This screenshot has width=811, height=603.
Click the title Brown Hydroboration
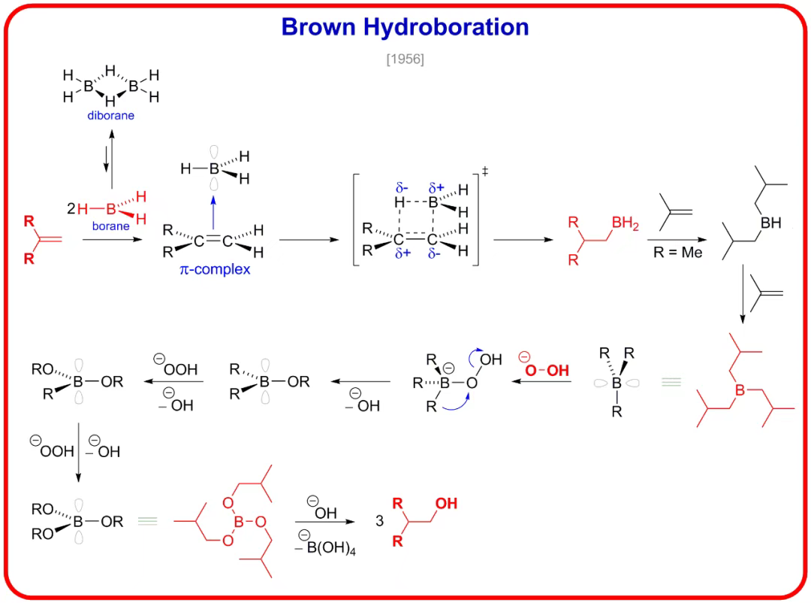coord(405,27)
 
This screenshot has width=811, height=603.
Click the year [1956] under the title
coord(405,59)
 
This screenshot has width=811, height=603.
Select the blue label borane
coord(110,226)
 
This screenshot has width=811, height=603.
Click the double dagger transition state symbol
coord(485,172)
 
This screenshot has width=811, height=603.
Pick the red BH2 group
coord(626,223)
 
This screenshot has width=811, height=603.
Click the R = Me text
coord(677,253)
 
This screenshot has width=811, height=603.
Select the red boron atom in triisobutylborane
coord(740,390)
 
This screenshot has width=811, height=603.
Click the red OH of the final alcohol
coord(446,503)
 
